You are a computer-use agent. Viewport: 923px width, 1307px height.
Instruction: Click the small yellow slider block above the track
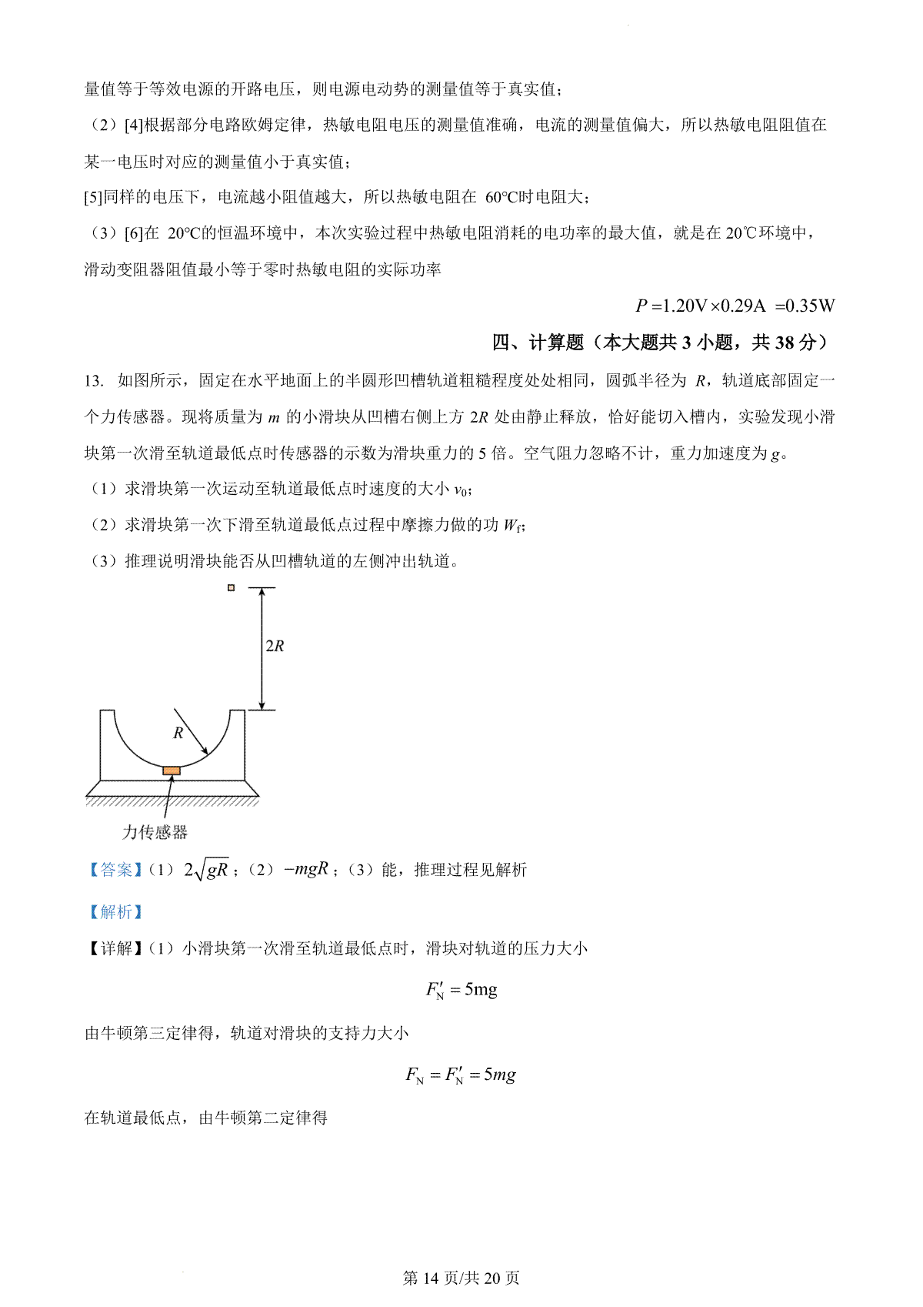tap(231, 588)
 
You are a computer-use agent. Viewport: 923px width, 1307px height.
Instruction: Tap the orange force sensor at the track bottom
tap(172, 770)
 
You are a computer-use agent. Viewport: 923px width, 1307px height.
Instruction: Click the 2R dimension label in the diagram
tap(275, 647)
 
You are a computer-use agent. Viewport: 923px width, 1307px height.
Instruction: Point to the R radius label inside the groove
tap(178, 734)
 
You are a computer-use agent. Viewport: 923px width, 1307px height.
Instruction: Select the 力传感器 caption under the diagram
tap(155, 832)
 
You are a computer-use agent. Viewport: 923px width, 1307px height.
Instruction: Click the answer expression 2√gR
tap(206, 870)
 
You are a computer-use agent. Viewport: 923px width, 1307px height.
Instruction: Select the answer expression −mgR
tap(306, 869)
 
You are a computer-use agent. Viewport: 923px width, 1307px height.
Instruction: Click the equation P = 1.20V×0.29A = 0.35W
tap(735, 306)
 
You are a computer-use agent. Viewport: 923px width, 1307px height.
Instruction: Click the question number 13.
tap(93, 380)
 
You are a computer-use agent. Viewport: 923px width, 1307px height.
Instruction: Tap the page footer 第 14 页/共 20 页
tap(461, 1278)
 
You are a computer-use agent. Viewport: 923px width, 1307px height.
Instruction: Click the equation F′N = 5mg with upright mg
tap(461, 990)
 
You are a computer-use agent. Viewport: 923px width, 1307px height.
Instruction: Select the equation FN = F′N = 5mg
tap(461, 1075)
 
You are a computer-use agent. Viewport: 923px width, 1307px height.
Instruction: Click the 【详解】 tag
tap(113, 948)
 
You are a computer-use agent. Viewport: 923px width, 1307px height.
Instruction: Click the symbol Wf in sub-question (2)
tap(513, 526)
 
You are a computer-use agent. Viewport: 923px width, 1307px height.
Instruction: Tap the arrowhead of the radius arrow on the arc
tap(204, 751)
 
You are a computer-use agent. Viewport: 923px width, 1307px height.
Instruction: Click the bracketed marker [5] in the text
tap(93, 198)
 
